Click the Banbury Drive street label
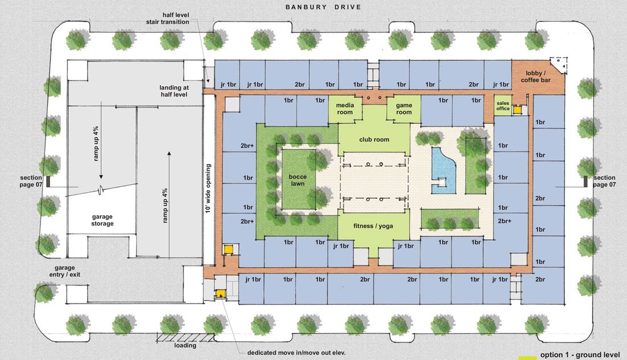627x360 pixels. (x=323, y=7)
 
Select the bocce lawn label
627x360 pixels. (x=298, y=180)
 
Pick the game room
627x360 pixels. (x=404, y=109)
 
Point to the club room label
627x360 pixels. (x=374, y=140)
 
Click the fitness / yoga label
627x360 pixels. (x=373, y=226)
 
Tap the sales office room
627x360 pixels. (x=503, y=105)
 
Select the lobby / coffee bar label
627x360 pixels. (x=536, y=77)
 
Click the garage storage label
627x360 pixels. (x=103, y=220)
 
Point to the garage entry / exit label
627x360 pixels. (x=65, y=271)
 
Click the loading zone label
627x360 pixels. (x=185, y=345)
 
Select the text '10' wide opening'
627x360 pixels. (x=208, y=188)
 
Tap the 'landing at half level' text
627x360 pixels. (x=174, y=91)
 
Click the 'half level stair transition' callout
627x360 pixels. (x=168, y=18)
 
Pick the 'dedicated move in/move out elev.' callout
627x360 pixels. (x=296, y=353)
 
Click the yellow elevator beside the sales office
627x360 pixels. (x=518, y=109)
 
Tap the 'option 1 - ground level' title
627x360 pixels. (x=580, y=354)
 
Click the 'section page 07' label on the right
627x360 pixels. (x=604, y=181)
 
